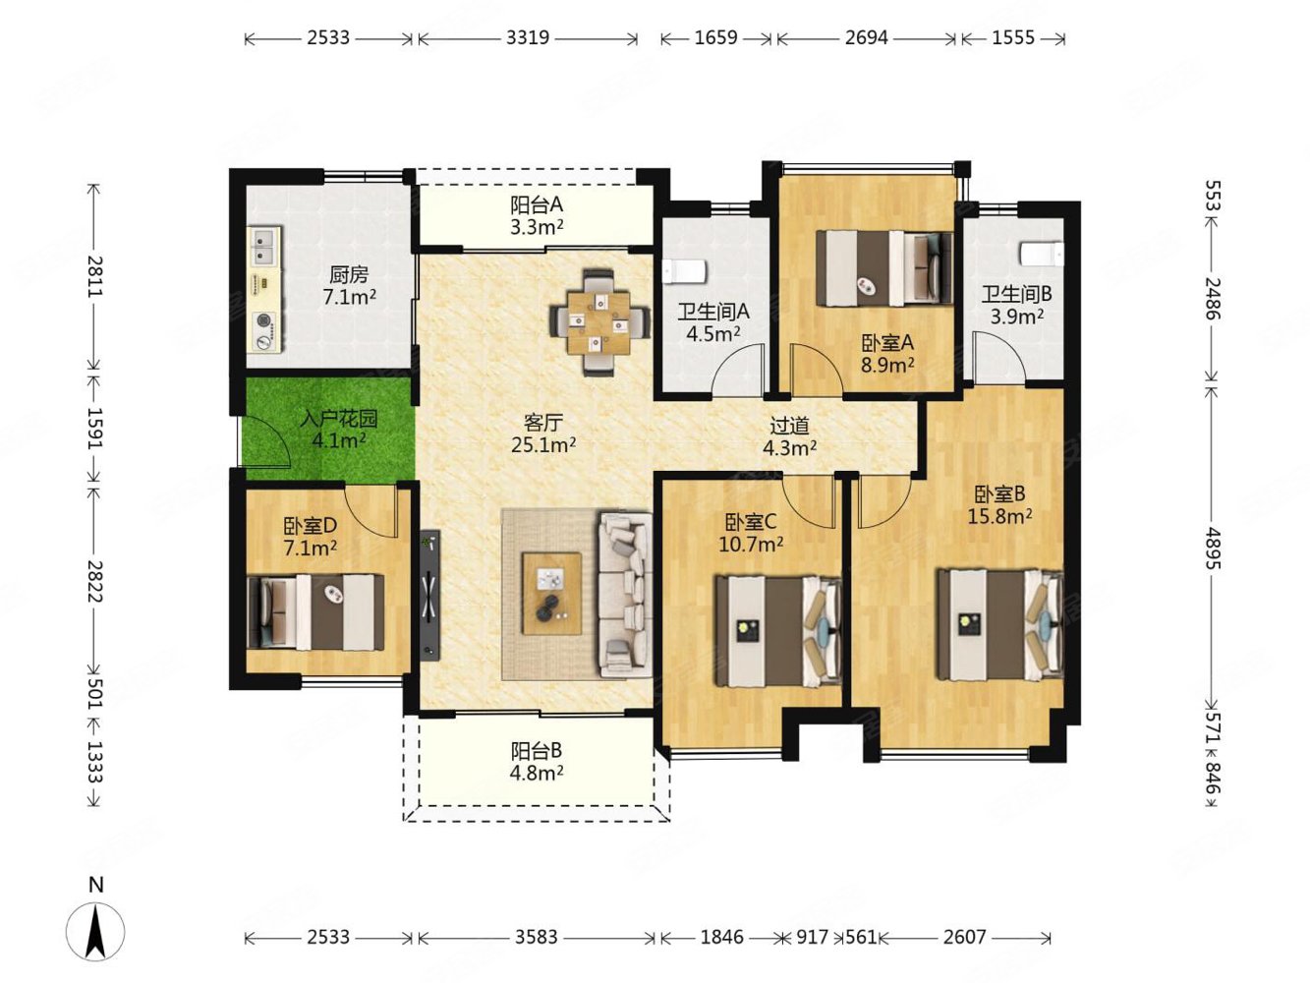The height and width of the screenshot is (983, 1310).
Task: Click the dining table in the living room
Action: click(598, 322)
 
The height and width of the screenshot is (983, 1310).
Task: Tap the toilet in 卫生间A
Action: click(684, 271)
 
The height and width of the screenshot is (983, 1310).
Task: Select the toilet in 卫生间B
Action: click(1041, 253)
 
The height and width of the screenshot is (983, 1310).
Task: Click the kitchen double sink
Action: click(263, 245)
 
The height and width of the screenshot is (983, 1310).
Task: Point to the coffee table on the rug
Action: click(551, 593)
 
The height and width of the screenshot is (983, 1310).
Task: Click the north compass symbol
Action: click(95, 931)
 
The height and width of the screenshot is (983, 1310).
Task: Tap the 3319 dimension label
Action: click(528, 38)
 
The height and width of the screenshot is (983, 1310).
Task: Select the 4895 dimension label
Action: click(1211, 548)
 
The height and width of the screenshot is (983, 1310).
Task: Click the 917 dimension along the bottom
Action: click(813, 937)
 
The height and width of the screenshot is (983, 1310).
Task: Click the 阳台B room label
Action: click(536, 750)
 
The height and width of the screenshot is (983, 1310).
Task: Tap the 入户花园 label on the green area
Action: click(338, 419)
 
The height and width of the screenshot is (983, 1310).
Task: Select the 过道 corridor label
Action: click(789, 426)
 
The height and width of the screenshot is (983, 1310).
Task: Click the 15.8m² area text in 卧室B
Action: click(999, 516)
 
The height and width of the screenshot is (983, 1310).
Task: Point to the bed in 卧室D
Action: click(315, 611)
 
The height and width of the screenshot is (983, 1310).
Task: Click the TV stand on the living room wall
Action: click(429, 595)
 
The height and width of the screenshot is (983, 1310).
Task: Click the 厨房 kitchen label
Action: click(349, 274)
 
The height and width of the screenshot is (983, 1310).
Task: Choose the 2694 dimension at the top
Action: click(867, 38)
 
